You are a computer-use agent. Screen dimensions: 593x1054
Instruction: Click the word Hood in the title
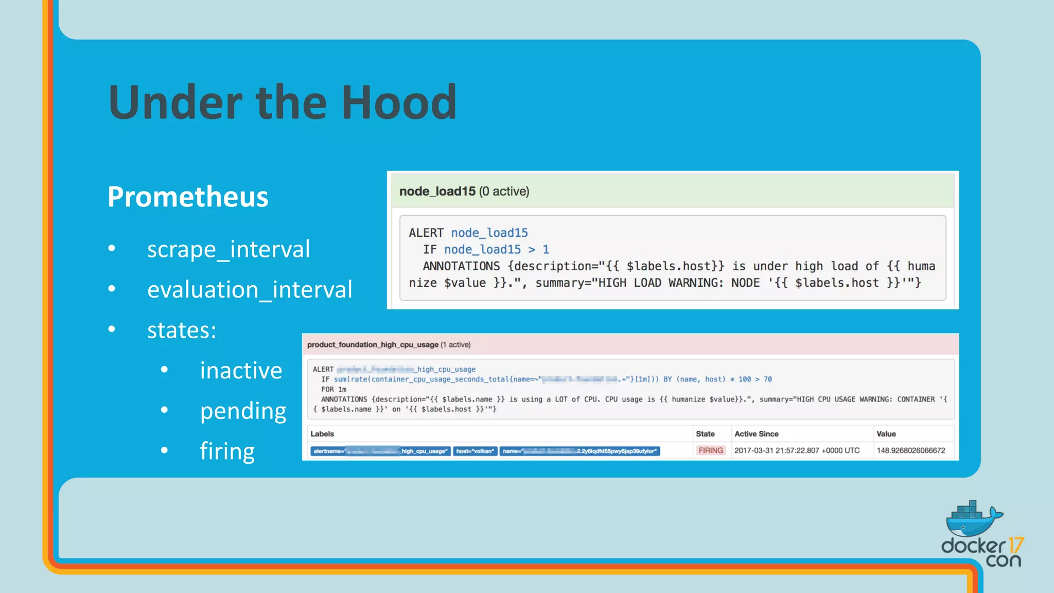(x=399, y=102)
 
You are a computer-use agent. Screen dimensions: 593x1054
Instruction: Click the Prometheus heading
(x=188, y=197)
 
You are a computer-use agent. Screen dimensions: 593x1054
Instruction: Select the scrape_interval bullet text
(x=229, y=249)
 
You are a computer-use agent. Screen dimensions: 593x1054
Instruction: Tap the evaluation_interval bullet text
(x=250, y=290)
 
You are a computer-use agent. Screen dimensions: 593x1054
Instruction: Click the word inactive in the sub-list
(x=241, y=371)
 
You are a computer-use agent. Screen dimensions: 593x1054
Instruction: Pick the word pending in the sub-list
(x=243, y=411)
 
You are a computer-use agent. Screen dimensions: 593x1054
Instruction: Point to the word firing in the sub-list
(x=227, y=451)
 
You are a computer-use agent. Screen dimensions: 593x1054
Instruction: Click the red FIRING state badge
(x=710, y=450)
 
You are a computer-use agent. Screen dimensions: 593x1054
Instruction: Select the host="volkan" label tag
(x=475, y=451)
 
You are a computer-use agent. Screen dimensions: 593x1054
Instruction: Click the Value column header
(x=886, y=434)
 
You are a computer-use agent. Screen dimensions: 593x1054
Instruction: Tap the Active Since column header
(x=756, y=434)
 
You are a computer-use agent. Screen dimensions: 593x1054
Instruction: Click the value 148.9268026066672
(x=910, y=450)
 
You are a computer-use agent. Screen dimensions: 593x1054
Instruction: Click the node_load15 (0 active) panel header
(x=464, y=191)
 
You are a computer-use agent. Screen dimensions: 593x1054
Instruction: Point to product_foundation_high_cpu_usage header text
(x=373, y=344)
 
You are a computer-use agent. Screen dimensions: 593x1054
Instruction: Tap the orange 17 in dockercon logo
(x=1015, y=545)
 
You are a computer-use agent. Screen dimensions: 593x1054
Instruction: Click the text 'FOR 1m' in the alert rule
(x=333, y=389)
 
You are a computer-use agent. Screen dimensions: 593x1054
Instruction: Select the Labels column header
(x=322, y=434)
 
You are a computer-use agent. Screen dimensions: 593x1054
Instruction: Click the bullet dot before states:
(x=112, y=329)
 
